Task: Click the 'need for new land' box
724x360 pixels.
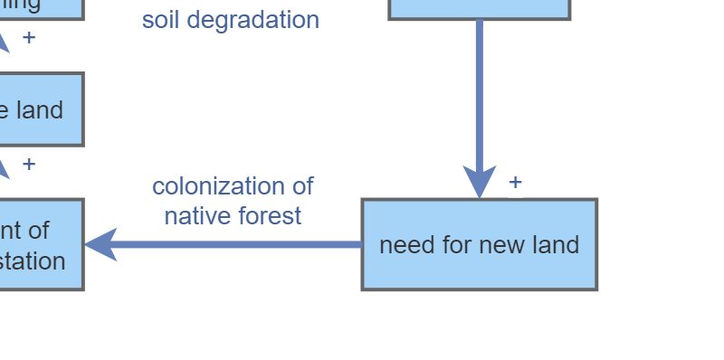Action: tap(479, 244)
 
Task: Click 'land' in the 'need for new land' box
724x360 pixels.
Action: tap(556, 244)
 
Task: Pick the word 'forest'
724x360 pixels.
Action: tap(270, 215)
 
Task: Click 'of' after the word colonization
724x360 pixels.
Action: tap(301, 186)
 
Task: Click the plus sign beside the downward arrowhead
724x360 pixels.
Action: tap(515, 182)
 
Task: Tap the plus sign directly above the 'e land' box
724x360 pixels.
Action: tap(29, 38)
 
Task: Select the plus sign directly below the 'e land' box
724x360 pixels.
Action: tap(29, 164)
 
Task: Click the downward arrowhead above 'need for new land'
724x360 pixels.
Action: tap(479, 181)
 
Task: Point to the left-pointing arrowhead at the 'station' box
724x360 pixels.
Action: tap(100, 244)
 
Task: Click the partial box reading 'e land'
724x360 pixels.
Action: tap(41, 109)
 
